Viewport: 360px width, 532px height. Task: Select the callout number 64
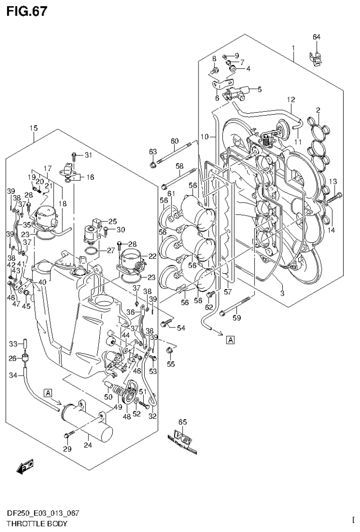point(316,37)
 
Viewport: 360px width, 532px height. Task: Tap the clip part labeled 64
point(317,58)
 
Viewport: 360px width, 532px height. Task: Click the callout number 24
point(86,445)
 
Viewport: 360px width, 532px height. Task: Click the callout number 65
point(183,422)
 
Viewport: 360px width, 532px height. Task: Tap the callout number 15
point(33,128)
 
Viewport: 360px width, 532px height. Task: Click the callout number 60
point(175,141)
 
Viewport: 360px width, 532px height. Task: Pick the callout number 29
point(67,449)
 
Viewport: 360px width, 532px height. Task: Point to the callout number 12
point(291,99)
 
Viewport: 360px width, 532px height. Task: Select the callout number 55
point(171,364)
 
